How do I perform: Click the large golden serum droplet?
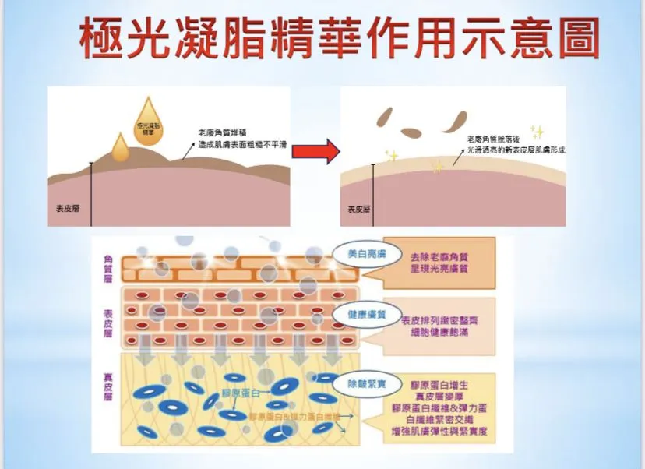click(146, 125)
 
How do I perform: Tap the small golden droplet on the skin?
click(119, 148)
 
